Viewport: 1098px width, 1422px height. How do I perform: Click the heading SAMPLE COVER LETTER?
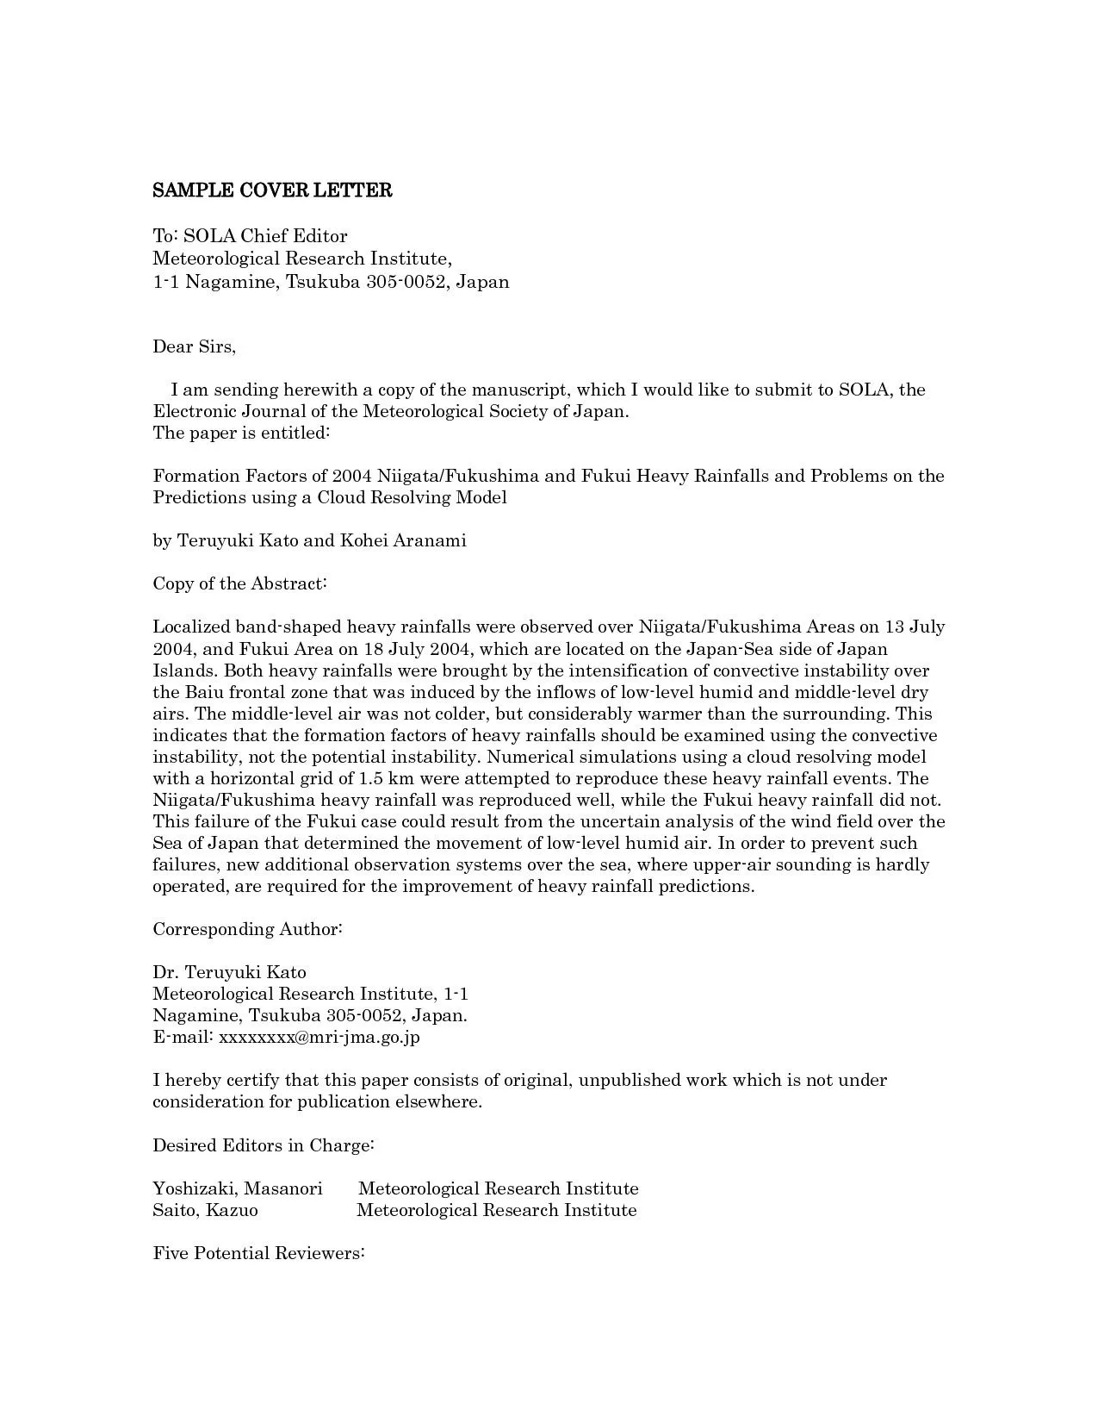[272, 190]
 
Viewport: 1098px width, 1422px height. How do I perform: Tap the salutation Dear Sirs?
[194, 346]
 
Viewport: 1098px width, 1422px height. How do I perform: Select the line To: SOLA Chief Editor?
[250, 236]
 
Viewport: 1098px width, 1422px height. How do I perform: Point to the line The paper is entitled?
[241, 433]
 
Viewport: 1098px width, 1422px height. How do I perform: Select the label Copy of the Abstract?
[239, 583]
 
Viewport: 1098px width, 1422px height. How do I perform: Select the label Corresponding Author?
[248, 929]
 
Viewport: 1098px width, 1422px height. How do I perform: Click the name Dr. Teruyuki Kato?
[229, 972]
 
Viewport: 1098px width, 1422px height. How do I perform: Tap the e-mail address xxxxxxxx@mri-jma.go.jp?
[319, 1037]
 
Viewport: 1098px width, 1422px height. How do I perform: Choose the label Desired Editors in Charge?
[263, 1145]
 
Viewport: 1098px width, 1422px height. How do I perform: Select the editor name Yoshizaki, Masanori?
[238, 1188]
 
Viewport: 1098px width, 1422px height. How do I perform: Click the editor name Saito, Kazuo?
[205, 1210]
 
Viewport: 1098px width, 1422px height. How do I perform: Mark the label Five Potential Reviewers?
[259, 1253]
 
